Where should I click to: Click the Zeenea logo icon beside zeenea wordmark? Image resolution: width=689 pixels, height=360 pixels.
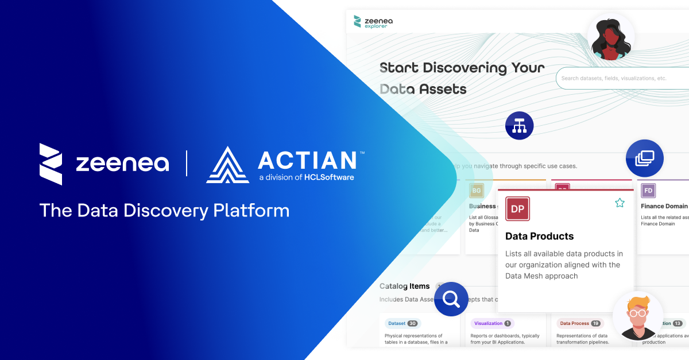click(x=51, y=164)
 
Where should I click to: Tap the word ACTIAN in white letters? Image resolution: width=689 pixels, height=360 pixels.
click(x=307, y=160)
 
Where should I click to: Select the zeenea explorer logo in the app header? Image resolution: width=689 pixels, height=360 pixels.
click(x=374, y=22)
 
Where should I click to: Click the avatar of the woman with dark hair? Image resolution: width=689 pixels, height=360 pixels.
click(x=610, y=38)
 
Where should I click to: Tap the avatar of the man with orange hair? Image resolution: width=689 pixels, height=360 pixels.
click(x=637, y=315)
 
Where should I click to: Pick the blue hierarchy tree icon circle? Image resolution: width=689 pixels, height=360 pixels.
click(x=520, y=125)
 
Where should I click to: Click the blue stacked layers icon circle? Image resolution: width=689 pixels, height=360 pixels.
click(x=644, y=158)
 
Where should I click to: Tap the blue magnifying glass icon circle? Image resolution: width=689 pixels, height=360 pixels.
click(x=451, y=299)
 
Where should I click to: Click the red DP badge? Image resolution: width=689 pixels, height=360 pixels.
click(x=517, y=209)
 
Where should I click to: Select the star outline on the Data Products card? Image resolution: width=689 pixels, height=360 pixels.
click(x=620, y=203)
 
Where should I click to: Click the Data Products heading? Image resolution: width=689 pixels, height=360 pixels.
click(x=539, y=236)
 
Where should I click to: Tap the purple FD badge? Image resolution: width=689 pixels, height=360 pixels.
click(x=648, y=191)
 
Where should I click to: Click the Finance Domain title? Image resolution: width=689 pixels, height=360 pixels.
click(x=664, y=206)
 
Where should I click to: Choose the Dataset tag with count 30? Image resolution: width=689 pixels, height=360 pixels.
click(x=402, y=323)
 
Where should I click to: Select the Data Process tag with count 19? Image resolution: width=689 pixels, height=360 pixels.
click(x=579, y=323)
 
